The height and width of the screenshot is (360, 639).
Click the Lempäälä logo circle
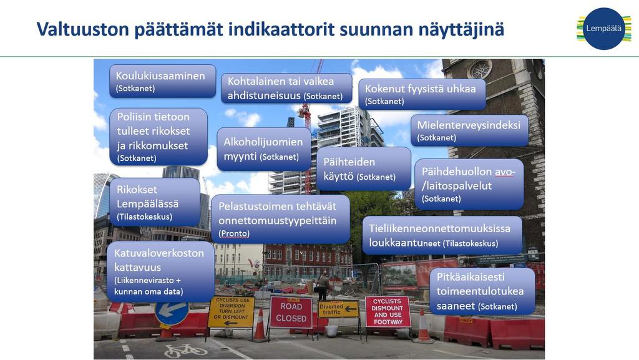(x=603, y=29)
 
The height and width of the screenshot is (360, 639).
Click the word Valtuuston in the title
(x=83, y=29)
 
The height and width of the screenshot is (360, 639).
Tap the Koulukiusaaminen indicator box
(x=163, y=81)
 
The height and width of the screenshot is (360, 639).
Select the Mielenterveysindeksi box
(x=469, y=130)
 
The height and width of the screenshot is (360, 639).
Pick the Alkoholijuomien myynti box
(x=264, y=149)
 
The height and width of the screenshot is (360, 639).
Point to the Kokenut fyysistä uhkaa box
(x=422, y=94)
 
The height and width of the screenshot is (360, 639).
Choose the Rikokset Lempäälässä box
(x=155, y=202)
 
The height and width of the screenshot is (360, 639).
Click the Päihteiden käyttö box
(x=364, y=168)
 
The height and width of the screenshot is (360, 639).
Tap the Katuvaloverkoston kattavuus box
(x=160, y=271)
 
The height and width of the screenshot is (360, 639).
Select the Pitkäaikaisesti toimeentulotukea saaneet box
(x=482, y=291)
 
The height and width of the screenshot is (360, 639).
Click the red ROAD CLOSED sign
(x=291, y=313)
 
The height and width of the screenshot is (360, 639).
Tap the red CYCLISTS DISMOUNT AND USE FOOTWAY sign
(x=388, y=311)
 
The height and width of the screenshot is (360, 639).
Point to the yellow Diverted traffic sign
(x=338, y=309)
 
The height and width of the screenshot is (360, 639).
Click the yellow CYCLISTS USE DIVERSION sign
(x=231, y=311)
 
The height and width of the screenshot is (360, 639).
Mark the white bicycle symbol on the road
(x=186, y=350)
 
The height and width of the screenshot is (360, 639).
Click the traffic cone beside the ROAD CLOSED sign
(x=260, y=325)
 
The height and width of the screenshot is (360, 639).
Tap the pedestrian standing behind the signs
(x=324, y=286)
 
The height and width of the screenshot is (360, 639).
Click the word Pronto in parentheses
(x=234, y=234)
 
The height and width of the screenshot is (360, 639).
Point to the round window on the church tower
(x=480, y=69)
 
